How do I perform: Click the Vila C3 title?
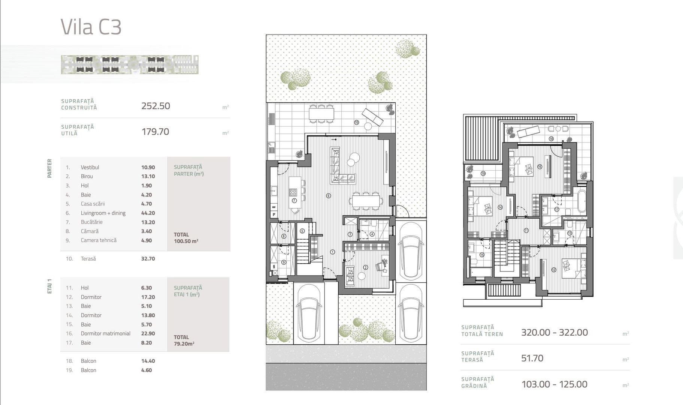click(x=91, y=27)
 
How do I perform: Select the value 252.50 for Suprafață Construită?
click(x=155, y=106)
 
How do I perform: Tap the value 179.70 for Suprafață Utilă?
click(x=155, y=132)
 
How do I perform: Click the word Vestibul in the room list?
click(x=90, y=167)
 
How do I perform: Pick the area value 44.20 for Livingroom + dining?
click(x=148, y=213)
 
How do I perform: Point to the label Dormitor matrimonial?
click(x=106, y=333)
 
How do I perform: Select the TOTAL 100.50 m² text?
click(x=186, y=238)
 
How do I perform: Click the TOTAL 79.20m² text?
click(x=184, y=340)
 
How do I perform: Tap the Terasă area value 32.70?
click(x=148, y=258)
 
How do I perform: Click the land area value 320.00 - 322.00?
click(x=554, y=332)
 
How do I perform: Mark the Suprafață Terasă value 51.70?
click(x=532, y=358)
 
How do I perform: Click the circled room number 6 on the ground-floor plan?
click(x=328, y=195)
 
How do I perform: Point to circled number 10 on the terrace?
click(x=356, y=122)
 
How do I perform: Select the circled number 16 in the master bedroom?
click(x=540, y=166)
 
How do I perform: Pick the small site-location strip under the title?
click(x=130, y=64)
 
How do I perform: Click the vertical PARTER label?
click(x=49, y=168)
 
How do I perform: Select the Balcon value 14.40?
click(x=148, y=361)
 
